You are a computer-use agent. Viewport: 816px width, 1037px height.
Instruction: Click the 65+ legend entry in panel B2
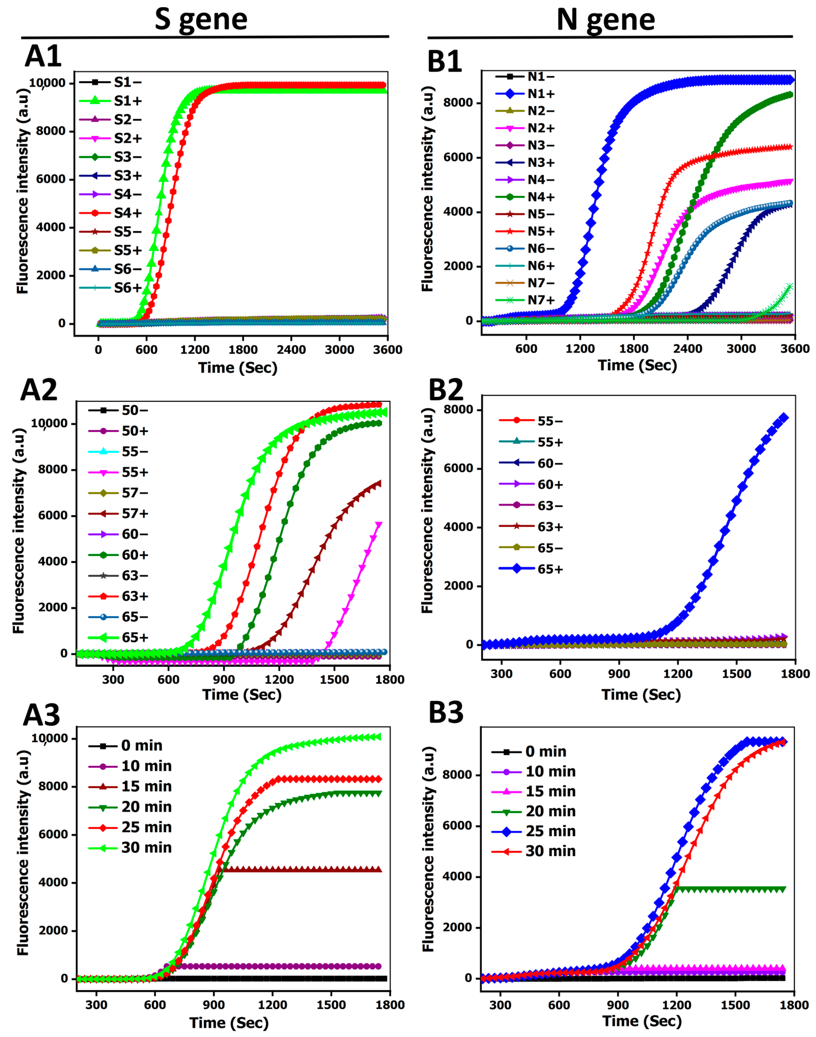coord(550,569)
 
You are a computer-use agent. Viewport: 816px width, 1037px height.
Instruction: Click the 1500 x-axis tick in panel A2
coord(334,679)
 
